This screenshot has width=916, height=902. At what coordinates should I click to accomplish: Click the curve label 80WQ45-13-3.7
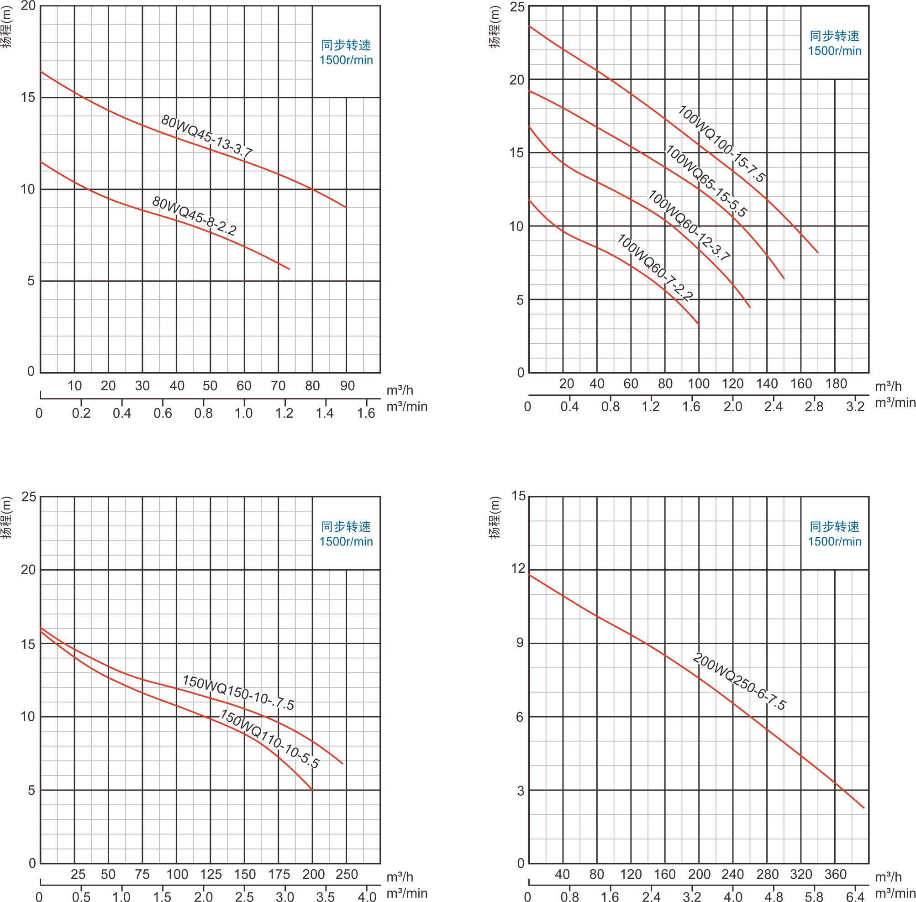[x=206, y=136]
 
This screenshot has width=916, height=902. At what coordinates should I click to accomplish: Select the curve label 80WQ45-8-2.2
[x=194, y=216]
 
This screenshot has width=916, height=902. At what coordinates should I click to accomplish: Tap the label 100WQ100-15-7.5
[x=721, y=143]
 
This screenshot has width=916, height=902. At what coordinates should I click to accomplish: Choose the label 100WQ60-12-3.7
[x=689, y=225]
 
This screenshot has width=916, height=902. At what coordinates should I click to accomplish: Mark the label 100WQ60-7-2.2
[x=654, y=267]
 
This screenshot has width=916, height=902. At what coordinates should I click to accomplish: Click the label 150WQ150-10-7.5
[x=238, y=692]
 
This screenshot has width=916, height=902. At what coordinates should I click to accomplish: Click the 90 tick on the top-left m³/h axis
[x=347, y=386]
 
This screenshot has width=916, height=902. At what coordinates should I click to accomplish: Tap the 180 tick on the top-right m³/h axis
[x=836, y=384]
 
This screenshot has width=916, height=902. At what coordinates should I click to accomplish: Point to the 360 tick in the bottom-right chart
[x=835, y=875]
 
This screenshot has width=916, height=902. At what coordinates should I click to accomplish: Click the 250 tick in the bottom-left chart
[x=347, y=875]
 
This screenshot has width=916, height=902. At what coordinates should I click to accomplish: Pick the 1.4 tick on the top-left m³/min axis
[x=325, y=414]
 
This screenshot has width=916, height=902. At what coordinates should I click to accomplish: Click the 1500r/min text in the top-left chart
[x=346, y=60]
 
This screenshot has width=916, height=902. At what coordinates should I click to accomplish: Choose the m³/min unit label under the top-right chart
[x=895, y=403]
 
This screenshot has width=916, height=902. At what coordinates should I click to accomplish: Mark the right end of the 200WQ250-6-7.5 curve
[x=863, y=808]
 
